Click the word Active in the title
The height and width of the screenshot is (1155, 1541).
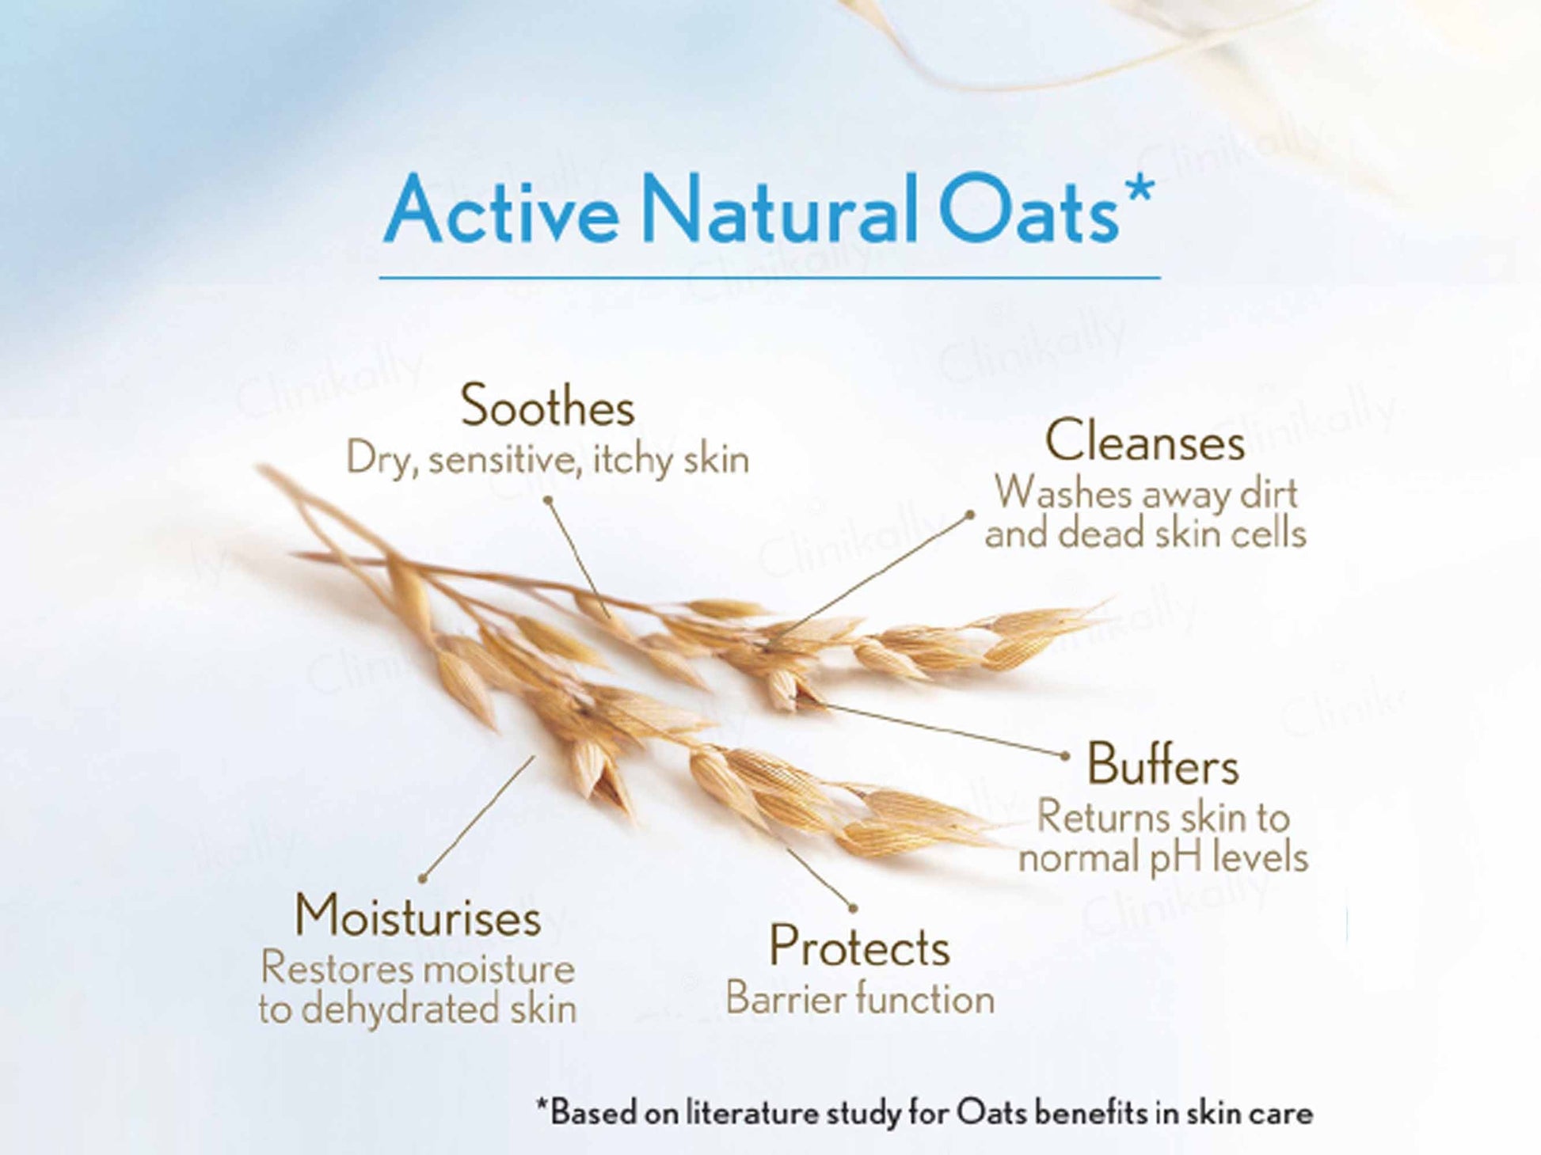pos(500,210)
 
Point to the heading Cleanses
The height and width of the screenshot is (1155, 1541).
pos(1144,440)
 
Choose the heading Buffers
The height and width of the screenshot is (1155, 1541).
pos(1162,765)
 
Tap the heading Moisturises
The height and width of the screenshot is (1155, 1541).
pos(417,916)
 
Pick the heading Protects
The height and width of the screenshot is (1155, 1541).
pos(859,945)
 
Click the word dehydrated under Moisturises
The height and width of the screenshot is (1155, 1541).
pos(401,1009)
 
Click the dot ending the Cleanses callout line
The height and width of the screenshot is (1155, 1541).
pos(969,515)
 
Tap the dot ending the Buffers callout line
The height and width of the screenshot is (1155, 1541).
pos(1065,756)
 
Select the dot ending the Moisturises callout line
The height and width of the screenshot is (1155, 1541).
pos(423,878)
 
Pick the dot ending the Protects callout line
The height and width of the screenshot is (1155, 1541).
pos(853,907)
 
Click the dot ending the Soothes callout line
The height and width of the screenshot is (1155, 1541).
pos(547,500)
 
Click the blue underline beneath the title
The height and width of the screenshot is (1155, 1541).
pos(770,278)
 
